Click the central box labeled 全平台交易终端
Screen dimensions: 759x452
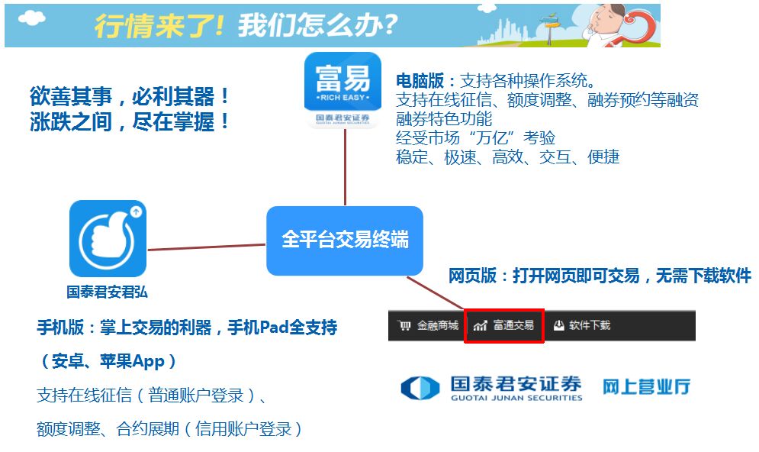point(345,241)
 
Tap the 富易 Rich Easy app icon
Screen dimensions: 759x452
point(343,90)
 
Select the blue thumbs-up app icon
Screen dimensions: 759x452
point(108,238)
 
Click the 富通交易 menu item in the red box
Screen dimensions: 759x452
point(504,325)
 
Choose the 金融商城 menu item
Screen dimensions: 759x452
point(428,325)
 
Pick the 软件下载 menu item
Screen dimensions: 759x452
point(582,325)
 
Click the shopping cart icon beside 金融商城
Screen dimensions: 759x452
point(404,325)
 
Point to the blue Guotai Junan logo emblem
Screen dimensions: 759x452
point(420,388)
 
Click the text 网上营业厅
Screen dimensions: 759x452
point(646,386)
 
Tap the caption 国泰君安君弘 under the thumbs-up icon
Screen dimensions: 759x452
point(107,292)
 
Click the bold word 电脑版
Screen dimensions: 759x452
point(420,80)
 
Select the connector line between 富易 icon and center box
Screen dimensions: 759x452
point(345,167)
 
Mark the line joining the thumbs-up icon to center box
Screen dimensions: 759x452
point(207,247)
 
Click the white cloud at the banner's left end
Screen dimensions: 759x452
point(31,18)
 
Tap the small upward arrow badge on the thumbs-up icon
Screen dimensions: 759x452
point(136,211)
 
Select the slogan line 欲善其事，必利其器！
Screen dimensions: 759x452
point(130,96)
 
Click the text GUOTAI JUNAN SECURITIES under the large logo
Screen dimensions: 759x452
point(516,398)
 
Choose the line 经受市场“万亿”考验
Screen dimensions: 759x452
point(475,138)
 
